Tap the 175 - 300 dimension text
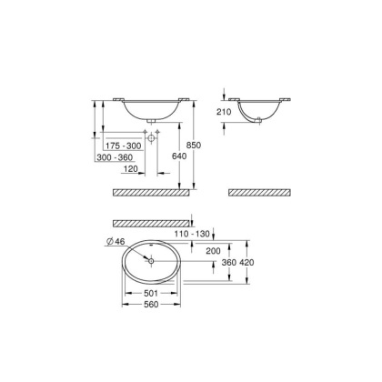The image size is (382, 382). (122, 145)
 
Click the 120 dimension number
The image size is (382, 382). (131, 169)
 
